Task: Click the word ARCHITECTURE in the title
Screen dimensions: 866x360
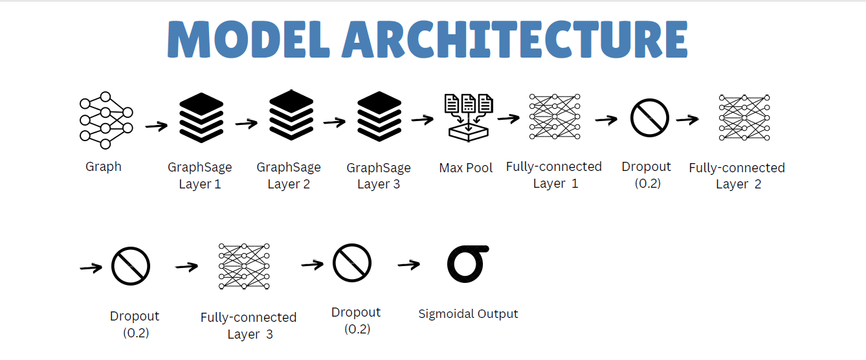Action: click(x=515, y=41)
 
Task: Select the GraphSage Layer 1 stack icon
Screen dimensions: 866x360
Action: click(x=201, y=117)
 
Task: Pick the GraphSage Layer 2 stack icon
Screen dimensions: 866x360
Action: click(x=291, y=115)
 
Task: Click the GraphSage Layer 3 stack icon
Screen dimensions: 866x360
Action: click(x=380, y=117)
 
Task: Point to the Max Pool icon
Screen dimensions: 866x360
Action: click(x=468, y=117)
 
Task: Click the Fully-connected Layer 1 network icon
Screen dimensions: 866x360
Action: click(x=555, y=117)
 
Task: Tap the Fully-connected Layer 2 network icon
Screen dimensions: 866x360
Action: click(x=744, y=118)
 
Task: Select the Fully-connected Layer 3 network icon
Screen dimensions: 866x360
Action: click(x=244, y=266)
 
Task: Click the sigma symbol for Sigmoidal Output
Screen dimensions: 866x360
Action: click(x=467, y=264)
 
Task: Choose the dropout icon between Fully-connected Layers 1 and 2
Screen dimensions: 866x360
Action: click(x=649, y=118)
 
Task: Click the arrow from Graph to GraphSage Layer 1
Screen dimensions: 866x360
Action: click(x=157, y=126)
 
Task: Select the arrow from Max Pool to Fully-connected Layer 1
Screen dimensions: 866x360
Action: click(x=509, y=118)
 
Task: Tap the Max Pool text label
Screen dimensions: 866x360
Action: click(x=466, y=168)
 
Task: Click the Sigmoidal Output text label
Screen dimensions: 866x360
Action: click(x=468, y=314)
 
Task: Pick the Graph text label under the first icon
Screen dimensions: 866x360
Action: click(x=104, y=167)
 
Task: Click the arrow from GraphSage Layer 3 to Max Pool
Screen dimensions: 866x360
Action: click(x=422, y=120)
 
